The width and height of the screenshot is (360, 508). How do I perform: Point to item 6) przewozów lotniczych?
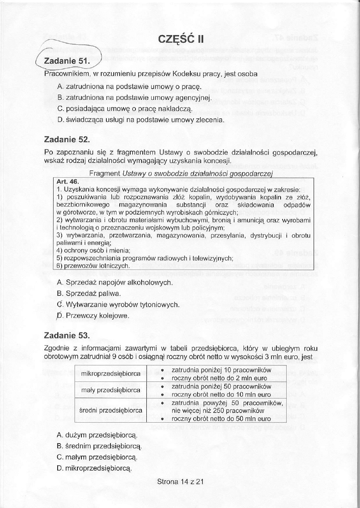(x=93, y=265)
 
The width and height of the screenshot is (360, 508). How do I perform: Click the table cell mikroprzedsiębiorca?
(x=111, y=374)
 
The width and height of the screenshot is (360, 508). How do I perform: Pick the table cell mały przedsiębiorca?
(x=111, y=390)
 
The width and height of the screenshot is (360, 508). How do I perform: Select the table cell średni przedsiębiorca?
(x=111, y=411)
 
